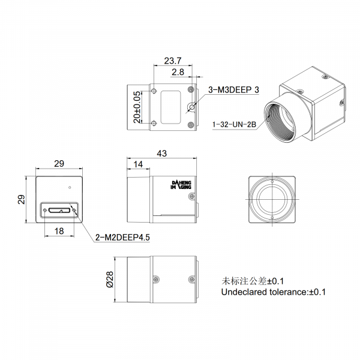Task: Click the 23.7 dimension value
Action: (173, 61)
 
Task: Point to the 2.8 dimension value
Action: (178, 72)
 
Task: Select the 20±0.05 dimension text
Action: (137, 107)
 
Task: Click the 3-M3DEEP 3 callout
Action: (233, 90)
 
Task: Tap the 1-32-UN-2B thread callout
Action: (234, 125)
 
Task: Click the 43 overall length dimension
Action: (161, 154)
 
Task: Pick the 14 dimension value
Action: (138, 164)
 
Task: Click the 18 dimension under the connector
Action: (59, 231)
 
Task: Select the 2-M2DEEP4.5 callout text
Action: (122, 238)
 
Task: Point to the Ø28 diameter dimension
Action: (110, 279)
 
